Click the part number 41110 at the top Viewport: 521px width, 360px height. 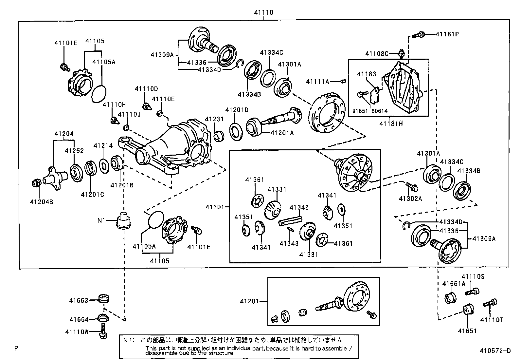coord(263,13)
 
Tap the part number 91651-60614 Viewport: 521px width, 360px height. coord(370,111)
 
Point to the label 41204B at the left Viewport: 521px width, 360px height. coord(41,202)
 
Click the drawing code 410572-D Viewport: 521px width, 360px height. coord(495,351)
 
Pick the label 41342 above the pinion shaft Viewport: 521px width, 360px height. coord(299,207)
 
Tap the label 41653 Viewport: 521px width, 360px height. coord(79,300)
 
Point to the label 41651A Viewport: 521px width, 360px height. coord(454,284)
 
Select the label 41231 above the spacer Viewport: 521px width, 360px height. coord(214,120)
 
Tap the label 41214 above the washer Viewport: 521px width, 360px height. coord(103,146)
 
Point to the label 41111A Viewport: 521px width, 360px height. coord(317,81)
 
